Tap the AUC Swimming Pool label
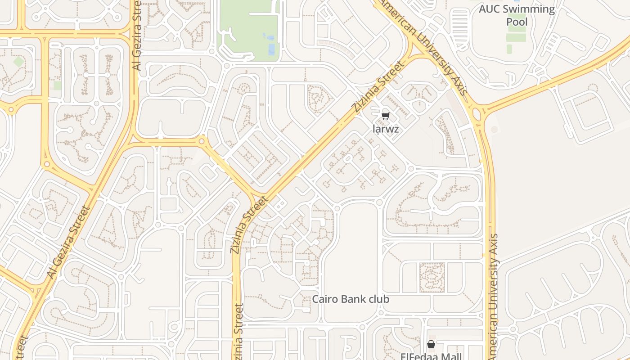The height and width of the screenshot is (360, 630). pyautogui.click(x=517, y=15)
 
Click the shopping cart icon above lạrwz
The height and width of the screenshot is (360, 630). pyautogui.click(x=385, y=116)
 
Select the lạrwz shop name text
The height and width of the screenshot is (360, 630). pyautogui.click(x=386, y=129)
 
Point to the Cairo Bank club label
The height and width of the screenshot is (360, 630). pyautogui.click(x=351, y=299)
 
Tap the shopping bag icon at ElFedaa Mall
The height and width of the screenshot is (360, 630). pyautogui.click(x=431, y=344)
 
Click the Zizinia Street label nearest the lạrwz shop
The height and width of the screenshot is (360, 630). pyautogui.click(x=378, y=87)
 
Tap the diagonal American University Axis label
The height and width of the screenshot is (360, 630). pyautogui.click(x=423, y=45)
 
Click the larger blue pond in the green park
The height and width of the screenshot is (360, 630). pyautogui.click(x=271, y=49)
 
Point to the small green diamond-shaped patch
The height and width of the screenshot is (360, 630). pyautogui.click(x=18, y=62)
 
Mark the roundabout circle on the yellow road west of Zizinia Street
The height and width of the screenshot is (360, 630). pyautogui.click(x=202, y=141)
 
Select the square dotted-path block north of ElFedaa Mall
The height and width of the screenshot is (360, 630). pyautogui.click(x=432, y=278)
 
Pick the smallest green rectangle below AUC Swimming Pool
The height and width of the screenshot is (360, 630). pyautogui.click(x=509, y=49)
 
